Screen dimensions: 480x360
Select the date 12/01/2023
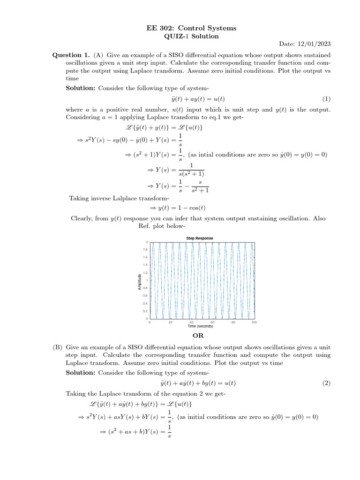(315, 44)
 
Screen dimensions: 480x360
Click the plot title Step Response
(200, 238)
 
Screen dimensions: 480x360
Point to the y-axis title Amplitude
(139, 281)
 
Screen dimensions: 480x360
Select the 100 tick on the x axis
(254, 322)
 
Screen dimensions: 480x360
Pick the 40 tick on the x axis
(191, 322)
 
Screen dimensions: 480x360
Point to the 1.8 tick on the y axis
(145, 250)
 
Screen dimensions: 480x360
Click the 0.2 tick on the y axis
(145, 311)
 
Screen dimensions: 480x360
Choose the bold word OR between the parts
(198, 336)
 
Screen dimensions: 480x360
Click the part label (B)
(58, 348)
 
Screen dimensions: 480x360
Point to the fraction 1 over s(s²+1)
(191, 169)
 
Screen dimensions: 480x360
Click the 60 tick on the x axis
(212, 322)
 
